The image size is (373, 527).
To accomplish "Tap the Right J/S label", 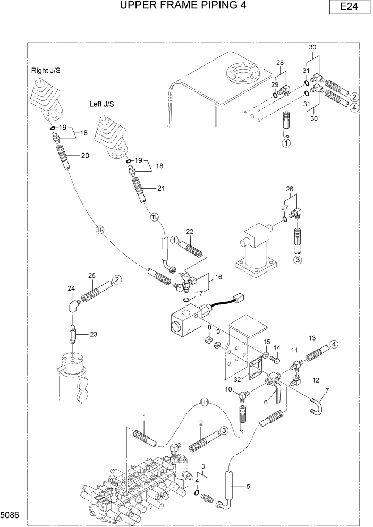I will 46,70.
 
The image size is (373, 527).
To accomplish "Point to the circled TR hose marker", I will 99,229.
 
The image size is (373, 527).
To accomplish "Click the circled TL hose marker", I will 155,217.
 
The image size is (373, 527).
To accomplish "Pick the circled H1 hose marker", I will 205,402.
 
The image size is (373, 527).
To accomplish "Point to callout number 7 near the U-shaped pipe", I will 327,391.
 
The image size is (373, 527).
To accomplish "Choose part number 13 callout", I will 312,338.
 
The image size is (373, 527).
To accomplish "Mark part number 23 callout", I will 94,334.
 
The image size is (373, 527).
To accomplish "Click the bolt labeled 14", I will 275,360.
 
